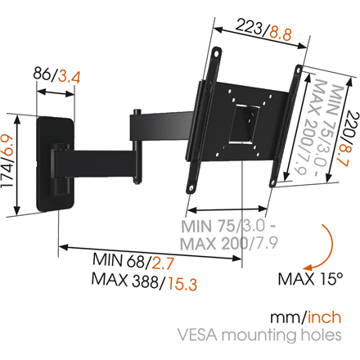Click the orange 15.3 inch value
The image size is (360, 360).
181,282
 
